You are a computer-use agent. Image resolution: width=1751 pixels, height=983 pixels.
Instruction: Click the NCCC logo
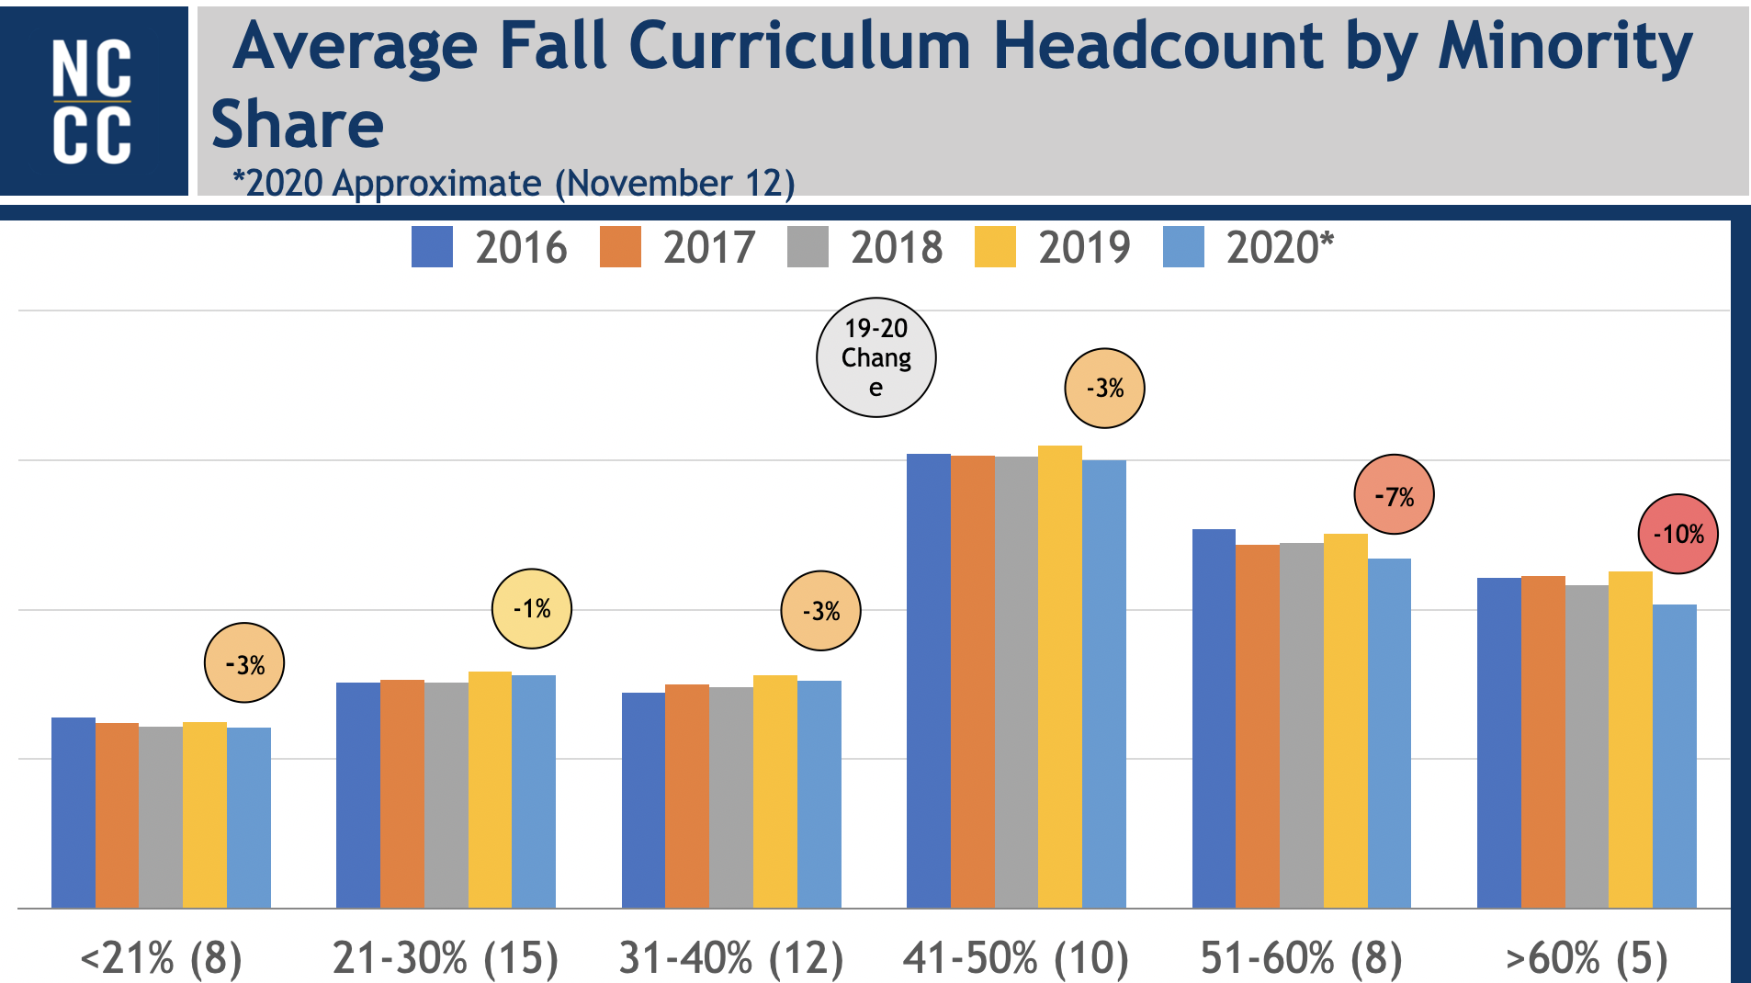click(x=93, y=101)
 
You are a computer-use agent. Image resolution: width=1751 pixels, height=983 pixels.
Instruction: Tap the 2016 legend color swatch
click(x=432, y=247)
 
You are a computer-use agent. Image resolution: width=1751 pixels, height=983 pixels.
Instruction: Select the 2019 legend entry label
click(x=1084, y=248)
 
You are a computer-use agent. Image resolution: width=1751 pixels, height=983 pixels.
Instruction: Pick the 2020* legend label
click(x=1280, y=248)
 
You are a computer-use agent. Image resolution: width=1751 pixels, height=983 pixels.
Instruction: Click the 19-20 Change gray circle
click(x=875, y=357)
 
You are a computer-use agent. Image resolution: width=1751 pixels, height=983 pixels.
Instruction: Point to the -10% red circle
click(x=1678, y=534)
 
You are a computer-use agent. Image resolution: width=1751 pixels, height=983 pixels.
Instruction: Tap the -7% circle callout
click(x=1394, y=495)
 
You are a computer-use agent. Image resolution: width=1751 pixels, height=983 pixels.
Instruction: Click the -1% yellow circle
click(x=531, y=608)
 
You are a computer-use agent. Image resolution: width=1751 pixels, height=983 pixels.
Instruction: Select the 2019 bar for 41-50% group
click(x=1060, y=676)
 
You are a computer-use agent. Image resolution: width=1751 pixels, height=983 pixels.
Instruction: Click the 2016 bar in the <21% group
click(x=73, y=812)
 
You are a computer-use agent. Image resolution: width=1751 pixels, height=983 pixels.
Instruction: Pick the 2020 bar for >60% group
click(x=1674, y=755)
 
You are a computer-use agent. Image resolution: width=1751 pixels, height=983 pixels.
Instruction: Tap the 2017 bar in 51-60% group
click(x=1258, y=726)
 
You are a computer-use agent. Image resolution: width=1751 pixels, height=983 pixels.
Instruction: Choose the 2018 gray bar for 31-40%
click(x=731, y=797)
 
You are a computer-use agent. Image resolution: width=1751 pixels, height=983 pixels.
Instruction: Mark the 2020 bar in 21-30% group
click(x=534, y=791)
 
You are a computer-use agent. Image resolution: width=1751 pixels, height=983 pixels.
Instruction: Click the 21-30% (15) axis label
click(x=446, y=958)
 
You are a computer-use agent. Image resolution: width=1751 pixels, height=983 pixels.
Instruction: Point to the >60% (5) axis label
click(x=1586, y=958)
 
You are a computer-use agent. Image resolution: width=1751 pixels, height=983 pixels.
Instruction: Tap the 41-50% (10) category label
click(x=1016, y=958)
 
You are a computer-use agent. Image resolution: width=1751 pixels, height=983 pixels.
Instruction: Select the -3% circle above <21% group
click(x=243, y=663)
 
